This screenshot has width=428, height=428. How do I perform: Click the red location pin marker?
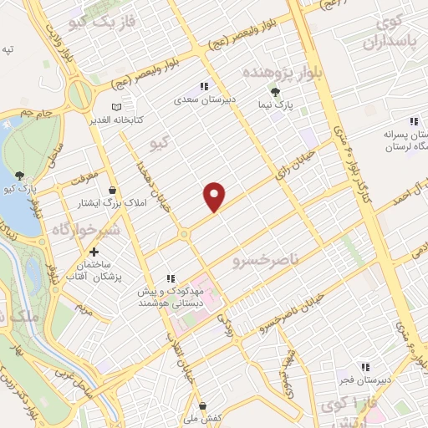[215, 196]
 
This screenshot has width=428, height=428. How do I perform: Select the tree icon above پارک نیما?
[276, 92]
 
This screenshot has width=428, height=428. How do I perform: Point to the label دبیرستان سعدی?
[203, 99]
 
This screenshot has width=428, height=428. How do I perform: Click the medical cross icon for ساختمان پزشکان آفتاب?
[94, 252]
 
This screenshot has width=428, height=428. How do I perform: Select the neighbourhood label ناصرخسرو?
[266, 251]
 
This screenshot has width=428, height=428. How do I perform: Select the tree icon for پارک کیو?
[20, 175]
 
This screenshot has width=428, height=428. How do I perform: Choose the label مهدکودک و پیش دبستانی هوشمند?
[171, 294]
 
